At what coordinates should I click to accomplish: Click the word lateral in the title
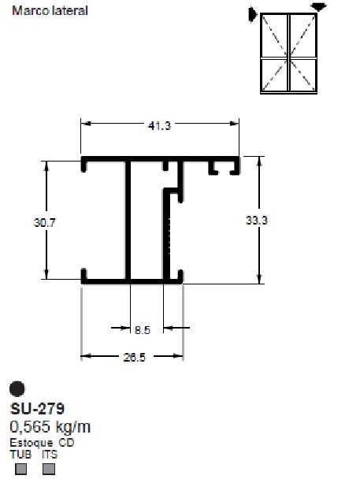coord(69,12)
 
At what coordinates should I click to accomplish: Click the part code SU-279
coord(38,409)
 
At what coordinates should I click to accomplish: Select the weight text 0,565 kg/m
coord(50,427)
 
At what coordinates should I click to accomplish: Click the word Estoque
coord(30,444)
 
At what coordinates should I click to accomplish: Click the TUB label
coord(18,454)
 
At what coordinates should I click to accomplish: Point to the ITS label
coord(50,454)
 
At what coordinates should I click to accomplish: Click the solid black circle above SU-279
coord(17,389)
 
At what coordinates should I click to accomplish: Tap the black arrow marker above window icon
coord(318,6)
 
